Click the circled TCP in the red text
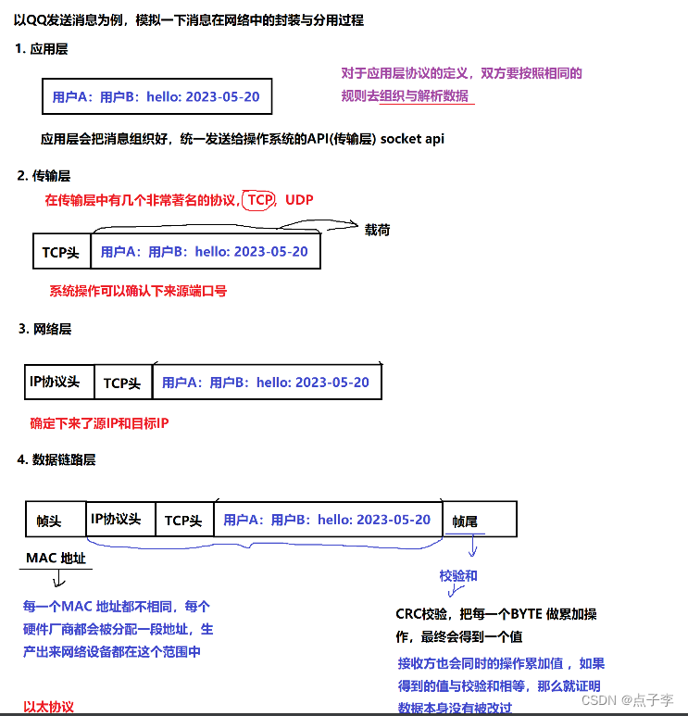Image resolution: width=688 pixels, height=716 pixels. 260,199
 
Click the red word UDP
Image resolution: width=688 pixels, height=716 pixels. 300,199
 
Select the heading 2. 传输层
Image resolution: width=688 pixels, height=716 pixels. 44,175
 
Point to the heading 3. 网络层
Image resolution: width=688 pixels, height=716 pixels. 45,329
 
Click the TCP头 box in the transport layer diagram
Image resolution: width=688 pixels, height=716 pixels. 61,252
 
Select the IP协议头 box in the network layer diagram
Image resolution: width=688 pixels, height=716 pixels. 55,382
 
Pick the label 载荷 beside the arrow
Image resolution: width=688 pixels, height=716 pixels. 377,229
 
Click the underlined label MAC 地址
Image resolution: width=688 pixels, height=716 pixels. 56,558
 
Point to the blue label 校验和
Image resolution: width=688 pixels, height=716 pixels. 457,576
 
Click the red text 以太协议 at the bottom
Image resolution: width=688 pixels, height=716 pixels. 48,707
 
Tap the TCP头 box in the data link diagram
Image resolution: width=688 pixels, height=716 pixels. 183,521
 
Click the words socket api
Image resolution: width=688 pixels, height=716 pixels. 413,138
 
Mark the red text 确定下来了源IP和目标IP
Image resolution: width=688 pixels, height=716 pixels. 99,423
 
